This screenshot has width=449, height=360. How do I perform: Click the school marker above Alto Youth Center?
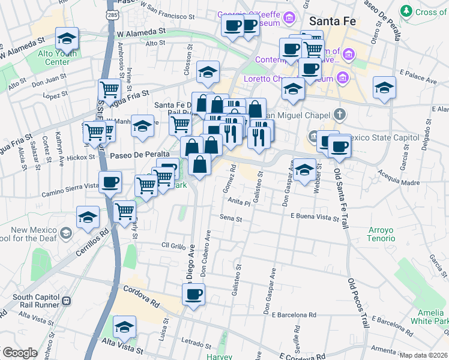tap(67, 39)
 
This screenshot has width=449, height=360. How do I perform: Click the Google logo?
tap(19, 353)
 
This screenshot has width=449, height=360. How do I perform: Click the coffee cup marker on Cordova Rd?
tap(194, 295)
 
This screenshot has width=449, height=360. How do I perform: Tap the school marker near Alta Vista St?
tap(124, 326)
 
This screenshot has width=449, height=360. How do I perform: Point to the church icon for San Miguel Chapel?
tap(340, 115)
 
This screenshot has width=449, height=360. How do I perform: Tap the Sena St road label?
tap(231, 219)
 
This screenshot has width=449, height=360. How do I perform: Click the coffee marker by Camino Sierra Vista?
tap(110, 182)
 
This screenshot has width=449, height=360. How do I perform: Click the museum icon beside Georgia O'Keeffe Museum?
tap(290, 19)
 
